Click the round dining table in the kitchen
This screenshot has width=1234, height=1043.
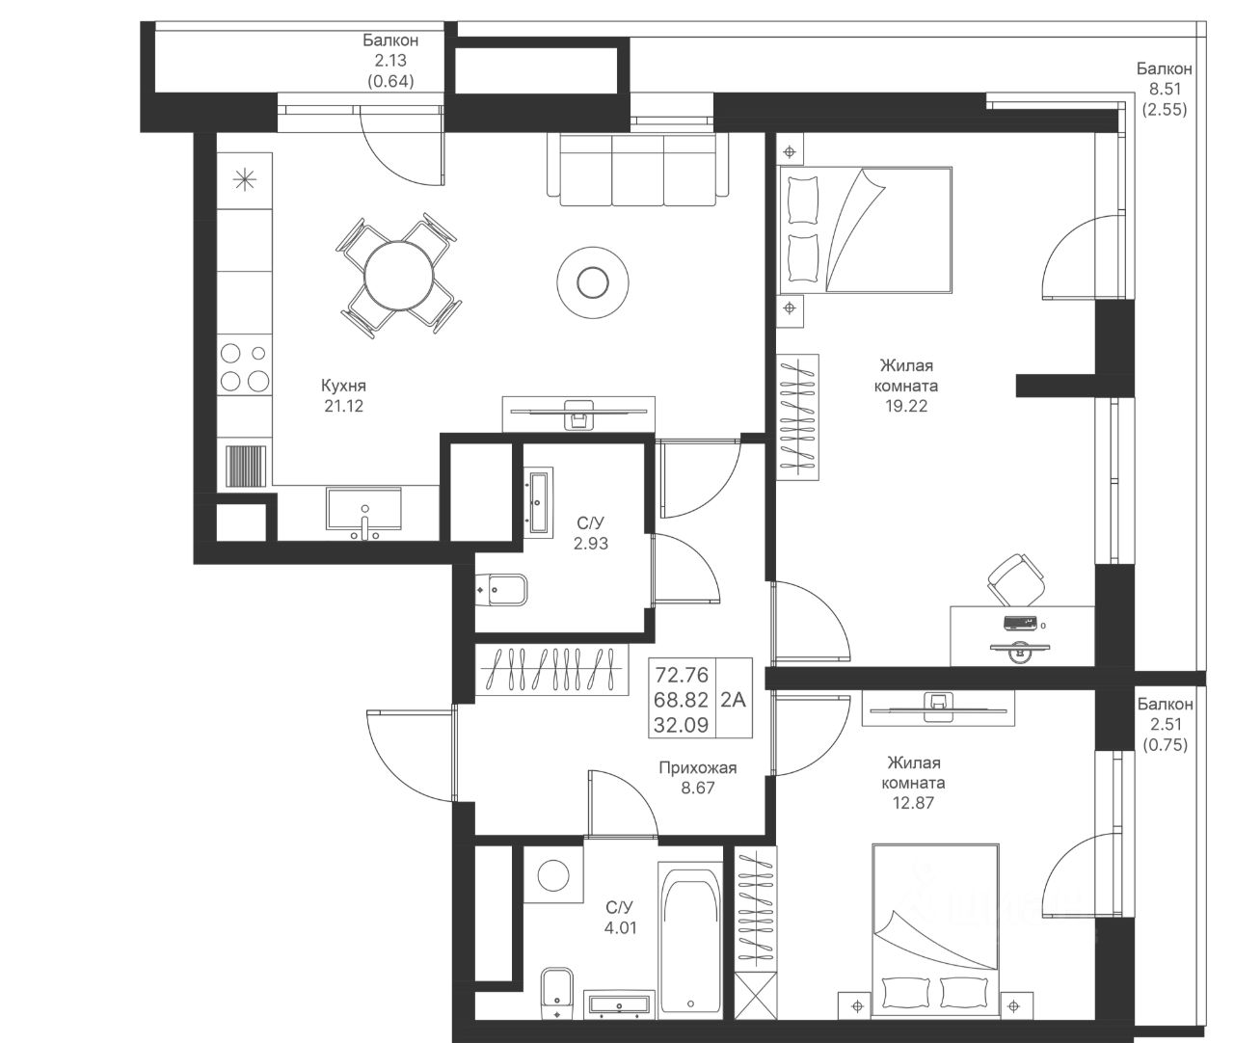[x=399, y=276]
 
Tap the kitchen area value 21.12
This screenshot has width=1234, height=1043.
[x=344, y=406]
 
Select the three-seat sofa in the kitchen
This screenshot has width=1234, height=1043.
[x=638, y=170]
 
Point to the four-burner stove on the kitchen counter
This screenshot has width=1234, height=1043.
[x=245, y=366]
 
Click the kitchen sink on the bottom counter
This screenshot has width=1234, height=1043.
[x=364, y=509]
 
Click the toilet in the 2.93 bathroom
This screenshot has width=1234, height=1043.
[x=501, y=590]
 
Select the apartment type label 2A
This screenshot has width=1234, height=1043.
[x=733, y=699]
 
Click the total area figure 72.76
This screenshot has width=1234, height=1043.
[x=682, y=675]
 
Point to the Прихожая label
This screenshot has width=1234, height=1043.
[x=698, y=767]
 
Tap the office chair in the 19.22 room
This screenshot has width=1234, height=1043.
[x=1016, y=579]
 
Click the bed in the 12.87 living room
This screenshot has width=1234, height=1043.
[x=935, y=931]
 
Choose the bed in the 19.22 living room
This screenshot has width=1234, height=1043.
[x=865, y=230]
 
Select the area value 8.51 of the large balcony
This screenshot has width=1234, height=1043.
[x=1166, y=89]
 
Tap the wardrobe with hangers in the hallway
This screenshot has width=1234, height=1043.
[x=552, y=669]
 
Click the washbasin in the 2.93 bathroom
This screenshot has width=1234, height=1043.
[x=539, y=501]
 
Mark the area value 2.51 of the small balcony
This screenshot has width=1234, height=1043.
[x=1166, y=724]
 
